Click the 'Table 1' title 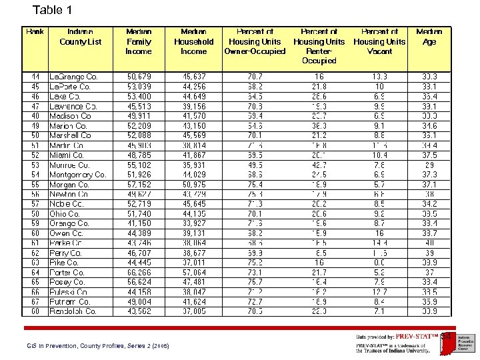52,10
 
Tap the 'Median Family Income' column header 139,41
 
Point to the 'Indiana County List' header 80,37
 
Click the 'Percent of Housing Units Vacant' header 379,41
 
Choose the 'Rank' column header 35,31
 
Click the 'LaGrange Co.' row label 73,77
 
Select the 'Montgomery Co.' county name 77,175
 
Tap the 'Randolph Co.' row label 73,311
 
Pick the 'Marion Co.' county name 68,126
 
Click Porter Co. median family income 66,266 139,273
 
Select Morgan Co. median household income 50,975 194,185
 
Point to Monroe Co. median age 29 429,165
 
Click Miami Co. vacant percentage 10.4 379,155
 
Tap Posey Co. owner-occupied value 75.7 255,282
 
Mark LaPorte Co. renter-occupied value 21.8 319,87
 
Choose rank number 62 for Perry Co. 35,253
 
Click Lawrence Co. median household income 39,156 194,107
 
